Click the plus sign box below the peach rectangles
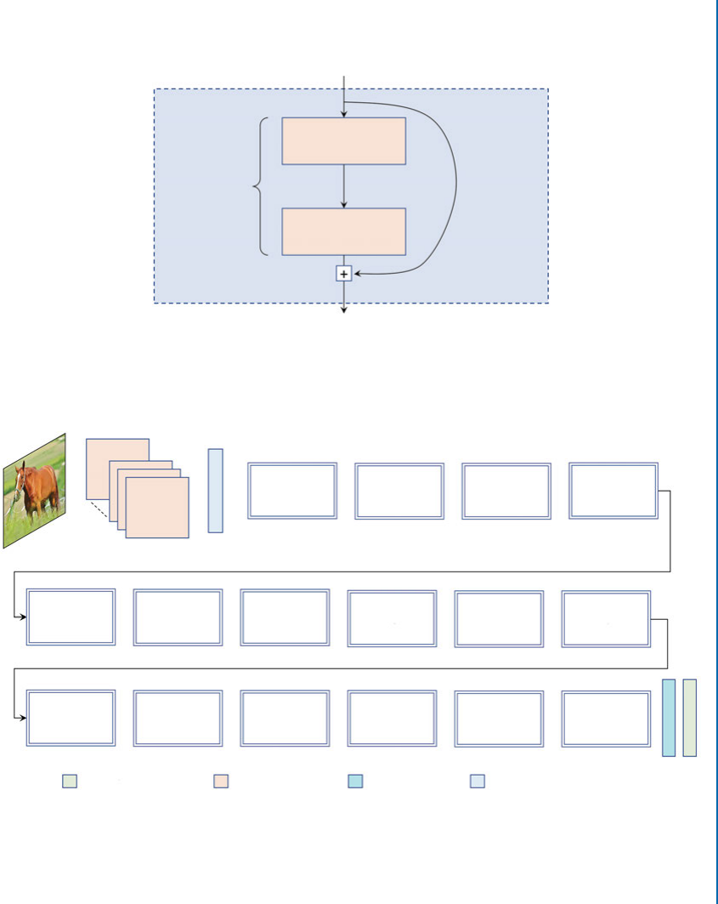pos(344,274)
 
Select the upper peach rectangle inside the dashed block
pos(344,140)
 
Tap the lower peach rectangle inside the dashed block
pos(344,231)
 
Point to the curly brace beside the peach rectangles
pos(261,185)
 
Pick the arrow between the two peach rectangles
pos(344,186)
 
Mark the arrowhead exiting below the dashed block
pos(344,310)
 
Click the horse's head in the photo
pos(22,476)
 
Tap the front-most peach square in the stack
pos(157,508)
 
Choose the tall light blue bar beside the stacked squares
pos(216,491)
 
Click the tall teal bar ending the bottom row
pos(669,718)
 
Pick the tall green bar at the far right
pos(690,718)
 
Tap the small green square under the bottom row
pos(70,781)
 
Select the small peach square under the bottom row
pos(221,781)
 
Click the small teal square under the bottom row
pos(355,781)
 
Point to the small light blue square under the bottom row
pos(478,781)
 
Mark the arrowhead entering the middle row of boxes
pos(22,617)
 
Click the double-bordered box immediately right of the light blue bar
pos(292,491)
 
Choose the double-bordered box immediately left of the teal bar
pos(606,719)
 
